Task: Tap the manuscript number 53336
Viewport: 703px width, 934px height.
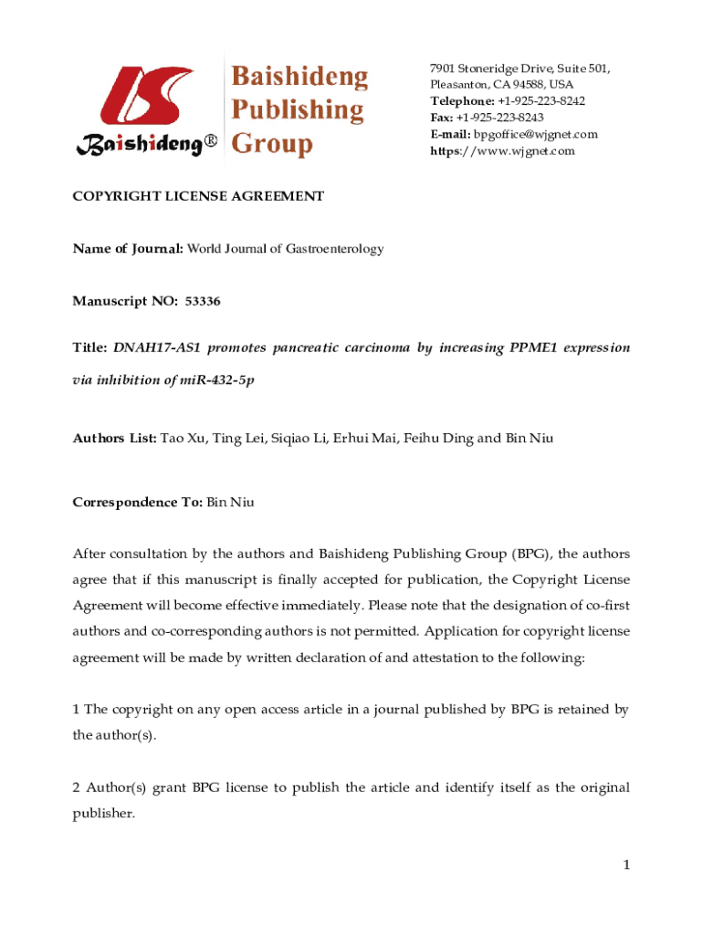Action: [203, 300]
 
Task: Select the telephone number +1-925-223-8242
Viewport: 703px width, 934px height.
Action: [541, 101]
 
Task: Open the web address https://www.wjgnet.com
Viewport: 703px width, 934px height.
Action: [502, 150]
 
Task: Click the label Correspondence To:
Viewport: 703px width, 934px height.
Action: [138, 503]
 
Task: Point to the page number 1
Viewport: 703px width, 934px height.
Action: [626, 865]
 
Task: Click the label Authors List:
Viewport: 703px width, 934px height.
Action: [115, 438]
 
